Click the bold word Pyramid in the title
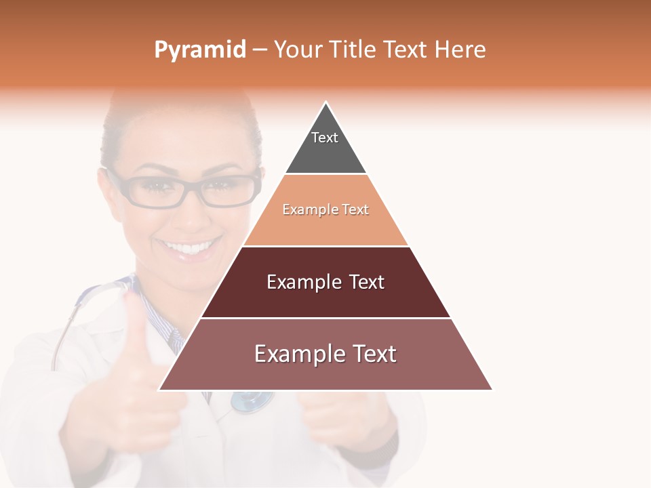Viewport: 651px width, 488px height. [x=200, y=50]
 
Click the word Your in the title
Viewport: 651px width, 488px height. [x=298, y=49]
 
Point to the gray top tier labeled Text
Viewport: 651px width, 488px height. [x=325, y=146]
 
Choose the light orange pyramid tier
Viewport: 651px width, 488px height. [x=325, y=210]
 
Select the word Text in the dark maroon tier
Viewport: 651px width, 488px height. [x=367, y=282]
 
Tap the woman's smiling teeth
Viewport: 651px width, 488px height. [x=192, y=248]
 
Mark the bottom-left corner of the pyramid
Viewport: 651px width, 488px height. [x=160, y=390]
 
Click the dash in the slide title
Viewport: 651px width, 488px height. [x=260, y=49]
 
